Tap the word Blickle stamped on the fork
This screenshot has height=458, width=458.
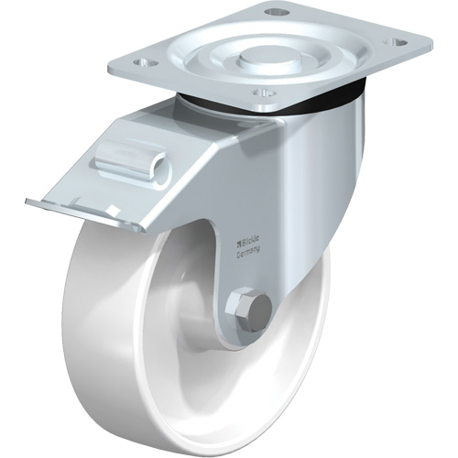click(254, 243)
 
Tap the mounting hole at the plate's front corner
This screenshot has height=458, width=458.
click(264, 93)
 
